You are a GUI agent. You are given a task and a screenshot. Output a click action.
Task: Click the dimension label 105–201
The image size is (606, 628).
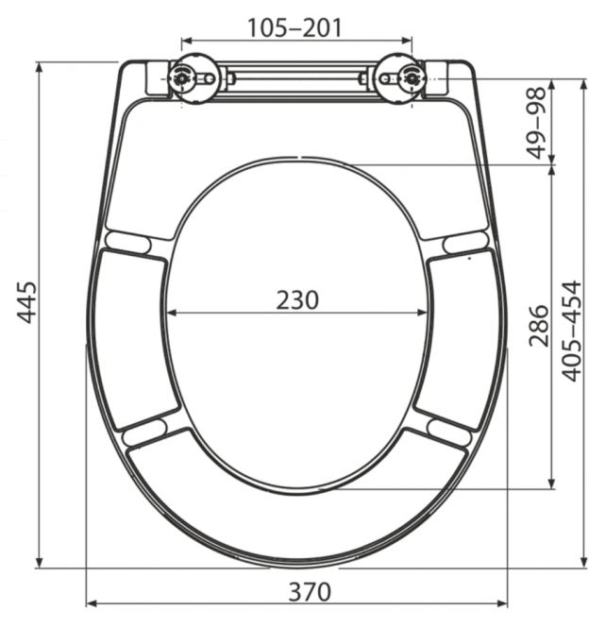click(x=295, y=28)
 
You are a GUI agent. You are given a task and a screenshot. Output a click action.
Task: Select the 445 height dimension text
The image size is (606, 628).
click(x=26, y=302)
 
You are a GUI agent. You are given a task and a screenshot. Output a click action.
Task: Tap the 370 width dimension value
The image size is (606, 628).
click(x=310, y=592)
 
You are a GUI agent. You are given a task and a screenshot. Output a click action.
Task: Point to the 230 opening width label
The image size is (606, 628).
click(x=297, y=300)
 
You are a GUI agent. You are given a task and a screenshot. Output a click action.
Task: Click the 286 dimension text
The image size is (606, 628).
click(x=538, y=326)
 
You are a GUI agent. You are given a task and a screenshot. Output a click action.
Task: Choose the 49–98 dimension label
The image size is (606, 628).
click(x=536, y=122)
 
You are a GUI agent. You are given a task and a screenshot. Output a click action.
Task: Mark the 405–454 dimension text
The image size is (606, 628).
click(x=571, y=331)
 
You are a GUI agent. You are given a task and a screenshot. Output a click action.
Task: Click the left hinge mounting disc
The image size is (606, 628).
click(x=194, y=78)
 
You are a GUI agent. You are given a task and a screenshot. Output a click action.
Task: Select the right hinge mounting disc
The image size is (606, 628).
click(x=399, y=78)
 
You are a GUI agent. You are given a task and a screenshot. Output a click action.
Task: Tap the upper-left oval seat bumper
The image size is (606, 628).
click(x=128, y=243)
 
